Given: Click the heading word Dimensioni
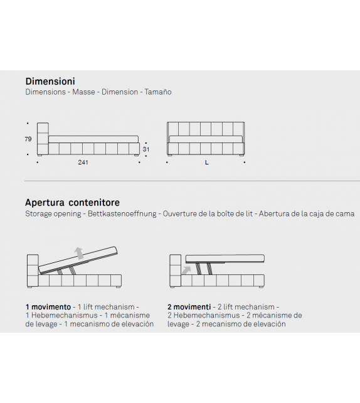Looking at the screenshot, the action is pyautogui.click(x=50, y=81).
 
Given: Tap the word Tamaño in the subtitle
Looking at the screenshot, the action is pyautogui.click(x=158, y=92).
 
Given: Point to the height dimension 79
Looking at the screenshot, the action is pyautogui.click(x=28, y=139).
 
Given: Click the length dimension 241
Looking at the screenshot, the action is pyautogui.click(x=83, y=162).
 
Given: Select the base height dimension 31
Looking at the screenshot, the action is pyautogui.click(x=146, y=149).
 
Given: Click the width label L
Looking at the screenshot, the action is pyautogui.click(x=207, y=163).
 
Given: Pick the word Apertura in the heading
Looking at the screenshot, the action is pyautogui.click(x=45, y=203).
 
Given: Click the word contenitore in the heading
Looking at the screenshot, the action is pyautogui.click(x=94, y=203).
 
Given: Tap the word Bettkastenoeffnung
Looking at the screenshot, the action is pyautogui.click(x=122, y=213).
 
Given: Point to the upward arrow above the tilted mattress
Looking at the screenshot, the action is pyautogui.click(x=80, y=253).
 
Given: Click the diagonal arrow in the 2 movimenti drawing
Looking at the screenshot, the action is pyautogui.click(x=186, y=271).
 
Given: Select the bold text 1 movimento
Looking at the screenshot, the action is pyautogui.click(x=48, y=307).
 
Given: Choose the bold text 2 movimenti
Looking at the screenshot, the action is pyautogui.click(x=189, y=307).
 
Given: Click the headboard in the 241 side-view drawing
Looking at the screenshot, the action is pyautogui.click(x=43, y=139).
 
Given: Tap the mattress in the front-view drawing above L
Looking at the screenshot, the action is pyautogui.click(x=206, y=139).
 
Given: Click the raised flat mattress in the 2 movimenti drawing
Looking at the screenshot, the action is pyautogui.click(x=225, y=259).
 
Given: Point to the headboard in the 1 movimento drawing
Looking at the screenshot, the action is pyautogui.click(x=33, y=271).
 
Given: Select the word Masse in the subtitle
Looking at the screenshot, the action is pyautogui.click(x=83, y=92).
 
